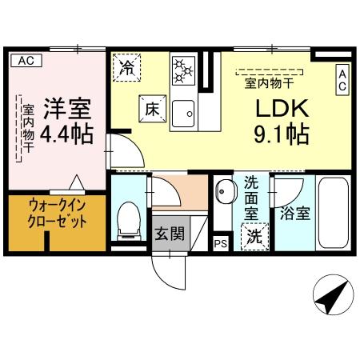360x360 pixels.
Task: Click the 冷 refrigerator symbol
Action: tap(126, 66)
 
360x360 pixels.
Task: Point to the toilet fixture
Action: tap(128, 219)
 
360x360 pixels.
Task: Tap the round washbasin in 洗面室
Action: tap(223, 192)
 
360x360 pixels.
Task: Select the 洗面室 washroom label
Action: tap(251, 197)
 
